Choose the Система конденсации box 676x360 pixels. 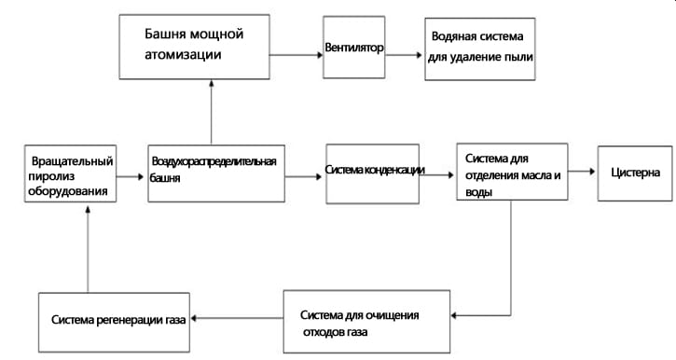[x=376, y=173]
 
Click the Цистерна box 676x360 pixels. [x=634, y=173]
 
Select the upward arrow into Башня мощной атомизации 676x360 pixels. [x=212, y=112]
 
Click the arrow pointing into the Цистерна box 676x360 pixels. [x=581, y=173]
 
